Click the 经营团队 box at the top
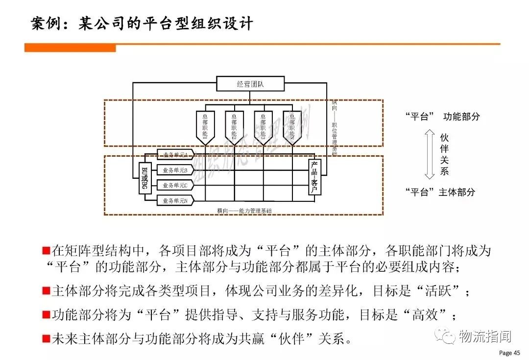250,84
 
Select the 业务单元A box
175,155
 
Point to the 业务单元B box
175,170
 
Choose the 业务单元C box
175,185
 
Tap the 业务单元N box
175,200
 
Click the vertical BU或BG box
145,178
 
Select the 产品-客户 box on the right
314,177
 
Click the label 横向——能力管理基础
244,211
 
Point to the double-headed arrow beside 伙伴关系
430,153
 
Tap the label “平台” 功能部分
442,117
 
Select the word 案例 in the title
47,23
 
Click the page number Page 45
509,353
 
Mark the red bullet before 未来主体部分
46,338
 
